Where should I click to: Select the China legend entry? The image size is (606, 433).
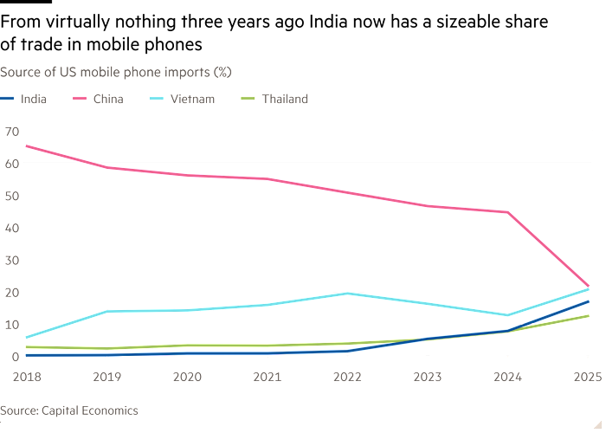pos(108,99)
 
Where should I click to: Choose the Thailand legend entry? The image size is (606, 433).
pos(284,99)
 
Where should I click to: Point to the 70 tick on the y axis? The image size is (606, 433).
pos(12,131)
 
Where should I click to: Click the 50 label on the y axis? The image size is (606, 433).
pos(12,195)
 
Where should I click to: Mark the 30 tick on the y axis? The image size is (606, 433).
pos(12,260)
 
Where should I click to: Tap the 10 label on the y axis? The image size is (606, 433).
pos(12,324)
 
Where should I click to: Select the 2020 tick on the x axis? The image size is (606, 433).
pos(186,376)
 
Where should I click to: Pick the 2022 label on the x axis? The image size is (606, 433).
pos(347,376)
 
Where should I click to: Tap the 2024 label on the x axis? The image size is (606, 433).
pos(508,376)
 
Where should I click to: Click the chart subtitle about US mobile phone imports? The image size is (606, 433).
pos(115,71)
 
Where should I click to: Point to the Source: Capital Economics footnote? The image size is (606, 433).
pos(69,410)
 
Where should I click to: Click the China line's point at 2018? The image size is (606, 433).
pos(26,146)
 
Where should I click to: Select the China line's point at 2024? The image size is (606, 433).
pos(508,212)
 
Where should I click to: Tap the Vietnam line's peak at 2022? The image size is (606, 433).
pos(347,294)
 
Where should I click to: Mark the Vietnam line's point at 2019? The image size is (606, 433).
pos(106,311)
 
